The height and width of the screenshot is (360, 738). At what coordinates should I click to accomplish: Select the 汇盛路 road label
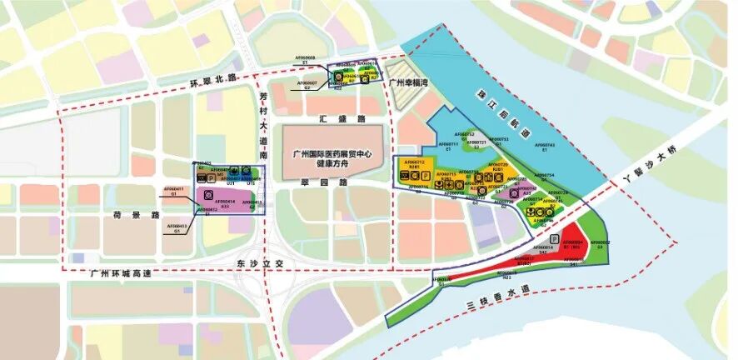pos(332,119)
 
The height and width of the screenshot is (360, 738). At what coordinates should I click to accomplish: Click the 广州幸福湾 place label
pos(407,82)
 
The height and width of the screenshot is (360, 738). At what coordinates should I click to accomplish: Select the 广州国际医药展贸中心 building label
pos(332,153)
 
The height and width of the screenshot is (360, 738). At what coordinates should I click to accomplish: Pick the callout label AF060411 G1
pos(177,190)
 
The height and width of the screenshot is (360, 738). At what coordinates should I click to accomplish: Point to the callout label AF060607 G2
pos(307,84)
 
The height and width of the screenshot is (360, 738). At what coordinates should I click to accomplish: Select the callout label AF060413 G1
pos(177,227)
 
